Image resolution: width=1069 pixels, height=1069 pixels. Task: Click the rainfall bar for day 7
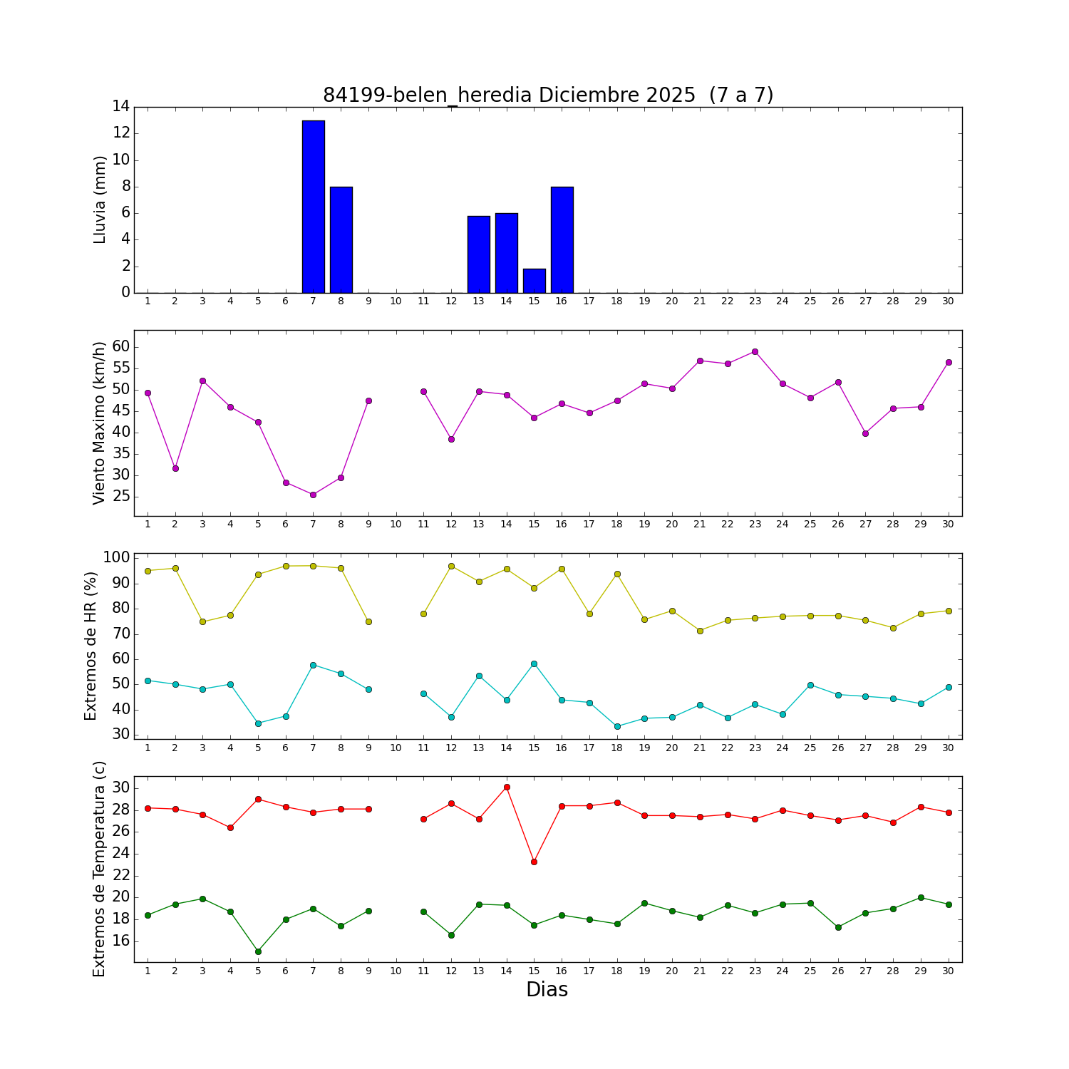point(313,207)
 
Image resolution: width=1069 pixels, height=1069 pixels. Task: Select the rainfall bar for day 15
point(534,281)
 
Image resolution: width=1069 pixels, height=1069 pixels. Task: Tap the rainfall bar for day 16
point(562,239)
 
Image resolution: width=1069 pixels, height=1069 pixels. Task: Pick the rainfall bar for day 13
point(479,254)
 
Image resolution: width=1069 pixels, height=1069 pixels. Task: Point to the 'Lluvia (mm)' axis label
point(100,200)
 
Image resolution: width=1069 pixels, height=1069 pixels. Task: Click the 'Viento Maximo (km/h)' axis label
point(100,423)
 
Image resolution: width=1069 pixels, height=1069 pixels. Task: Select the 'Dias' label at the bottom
point(547,989)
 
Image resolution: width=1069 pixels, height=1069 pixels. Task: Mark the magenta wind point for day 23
point(755,351)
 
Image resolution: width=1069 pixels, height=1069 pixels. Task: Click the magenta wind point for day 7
point(313,495)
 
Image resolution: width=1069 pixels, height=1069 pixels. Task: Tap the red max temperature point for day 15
point(534,862)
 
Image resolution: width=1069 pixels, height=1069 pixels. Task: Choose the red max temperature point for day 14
point(507,787)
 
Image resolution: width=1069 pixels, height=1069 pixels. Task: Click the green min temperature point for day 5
point(258,951)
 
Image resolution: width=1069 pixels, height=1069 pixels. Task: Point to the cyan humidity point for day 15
point(534,663)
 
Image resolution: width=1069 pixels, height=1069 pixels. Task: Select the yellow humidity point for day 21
point(700,631)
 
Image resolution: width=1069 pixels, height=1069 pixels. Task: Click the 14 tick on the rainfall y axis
point(120,107)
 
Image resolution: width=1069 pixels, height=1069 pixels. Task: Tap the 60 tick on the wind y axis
point(120,346)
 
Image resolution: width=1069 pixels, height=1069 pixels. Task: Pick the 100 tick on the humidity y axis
point(117,557)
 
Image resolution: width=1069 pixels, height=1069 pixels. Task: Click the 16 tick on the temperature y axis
point(120,941)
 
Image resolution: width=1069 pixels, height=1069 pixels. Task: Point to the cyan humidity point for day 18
point(617,726)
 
